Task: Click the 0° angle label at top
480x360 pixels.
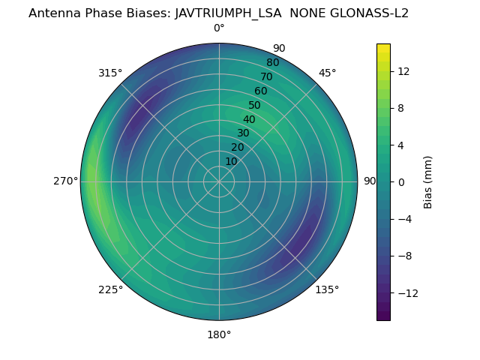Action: tap(219, 28)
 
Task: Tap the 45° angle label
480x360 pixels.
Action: tap(327, 73)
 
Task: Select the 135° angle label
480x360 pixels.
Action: tap(327, 289)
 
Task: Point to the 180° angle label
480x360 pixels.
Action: tap(219, 334)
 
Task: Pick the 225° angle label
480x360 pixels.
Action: tap(110, 289)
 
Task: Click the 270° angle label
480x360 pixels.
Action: tap(65, 181)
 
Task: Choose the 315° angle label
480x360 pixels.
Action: tap(110, 73)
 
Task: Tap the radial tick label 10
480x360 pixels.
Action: tap(231, 161)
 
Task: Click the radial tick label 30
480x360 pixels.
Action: tap(243, 133)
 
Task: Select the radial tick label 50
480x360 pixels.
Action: tap(255, 105)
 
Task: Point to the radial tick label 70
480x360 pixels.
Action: tap(267, 76)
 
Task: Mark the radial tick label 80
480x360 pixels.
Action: tap(272, 62)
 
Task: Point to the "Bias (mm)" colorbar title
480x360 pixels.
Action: tap(428, 181)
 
